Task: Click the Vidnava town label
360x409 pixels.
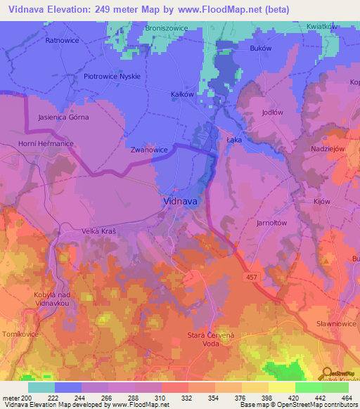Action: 180,200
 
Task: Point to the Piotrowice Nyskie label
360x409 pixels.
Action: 112,76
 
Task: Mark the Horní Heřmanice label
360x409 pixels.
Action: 46,143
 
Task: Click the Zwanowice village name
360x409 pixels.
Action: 148,150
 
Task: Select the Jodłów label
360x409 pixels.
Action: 271,112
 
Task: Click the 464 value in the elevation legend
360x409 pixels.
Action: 346,398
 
